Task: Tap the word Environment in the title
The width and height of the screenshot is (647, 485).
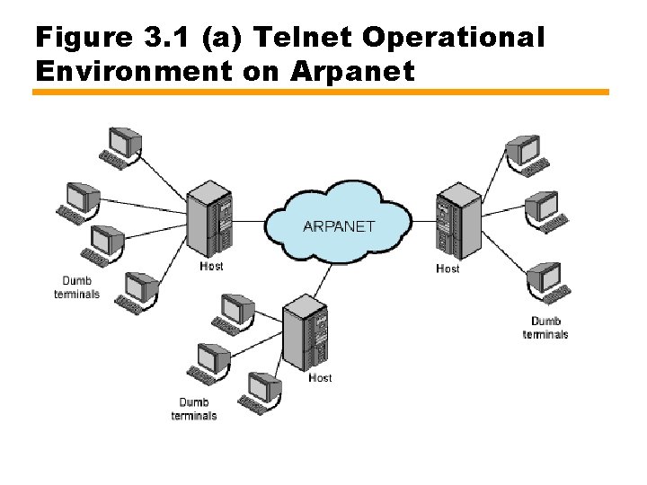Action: point(133,70)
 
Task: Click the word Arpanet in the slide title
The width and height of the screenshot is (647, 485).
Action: point(352,70)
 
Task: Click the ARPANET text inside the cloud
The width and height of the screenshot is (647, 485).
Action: point(339,226)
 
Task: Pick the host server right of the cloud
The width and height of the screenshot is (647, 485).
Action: point(457,221)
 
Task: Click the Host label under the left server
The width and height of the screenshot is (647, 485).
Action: point(211,267)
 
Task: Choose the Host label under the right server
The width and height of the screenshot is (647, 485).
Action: point(448,269)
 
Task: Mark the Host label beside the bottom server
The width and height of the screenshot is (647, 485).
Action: point(320,378)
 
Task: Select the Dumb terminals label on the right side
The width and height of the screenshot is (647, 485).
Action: point(545,328)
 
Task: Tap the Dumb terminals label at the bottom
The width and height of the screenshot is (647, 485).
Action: point(194,409)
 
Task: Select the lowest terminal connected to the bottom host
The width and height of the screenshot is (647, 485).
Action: point(261,392)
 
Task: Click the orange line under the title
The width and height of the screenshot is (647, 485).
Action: point(321,92)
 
